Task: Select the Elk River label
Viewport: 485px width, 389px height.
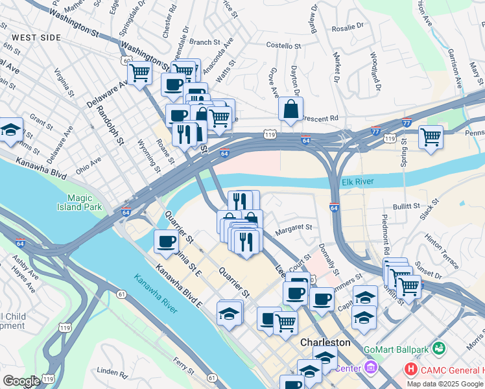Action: point(357,182)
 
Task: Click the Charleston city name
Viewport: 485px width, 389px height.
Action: point(325,342)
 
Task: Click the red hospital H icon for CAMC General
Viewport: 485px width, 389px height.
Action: point(410,370)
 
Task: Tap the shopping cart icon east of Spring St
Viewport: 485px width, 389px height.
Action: point(431,137)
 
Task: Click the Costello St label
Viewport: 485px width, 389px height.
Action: point(284,46)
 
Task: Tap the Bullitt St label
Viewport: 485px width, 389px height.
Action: point(407,206)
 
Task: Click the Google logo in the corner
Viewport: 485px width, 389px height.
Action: point(21,381)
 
